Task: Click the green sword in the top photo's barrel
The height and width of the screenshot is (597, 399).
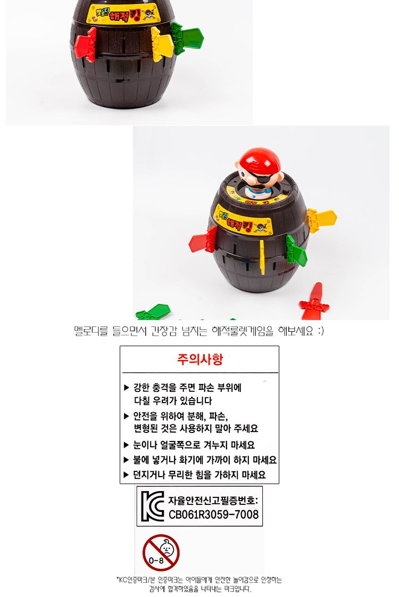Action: (187, 37)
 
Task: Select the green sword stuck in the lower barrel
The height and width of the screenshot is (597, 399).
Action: (296, 250)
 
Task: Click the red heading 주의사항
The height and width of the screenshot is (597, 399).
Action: (199, 359)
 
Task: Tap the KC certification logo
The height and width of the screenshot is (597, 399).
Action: (152, 506)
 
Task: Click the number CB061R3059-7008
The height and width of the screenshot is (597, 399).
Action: (213, 514)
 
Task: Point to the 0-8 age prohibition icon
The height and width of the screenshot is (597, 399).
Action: (161, 552)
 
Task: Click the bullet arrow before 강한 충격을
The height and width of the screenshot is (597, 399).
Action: (127, 388)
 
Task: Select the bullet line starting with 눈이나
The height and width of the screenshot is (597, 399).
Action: (194, 445)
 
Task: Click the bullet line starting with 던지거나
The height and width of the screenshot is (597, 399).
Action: (199, 475)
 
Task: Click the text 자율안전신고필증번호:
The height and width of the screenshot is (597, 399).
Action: (213, 500)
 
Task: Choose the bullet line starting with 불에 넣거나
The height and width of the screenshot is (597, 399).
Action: (204, 460)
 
